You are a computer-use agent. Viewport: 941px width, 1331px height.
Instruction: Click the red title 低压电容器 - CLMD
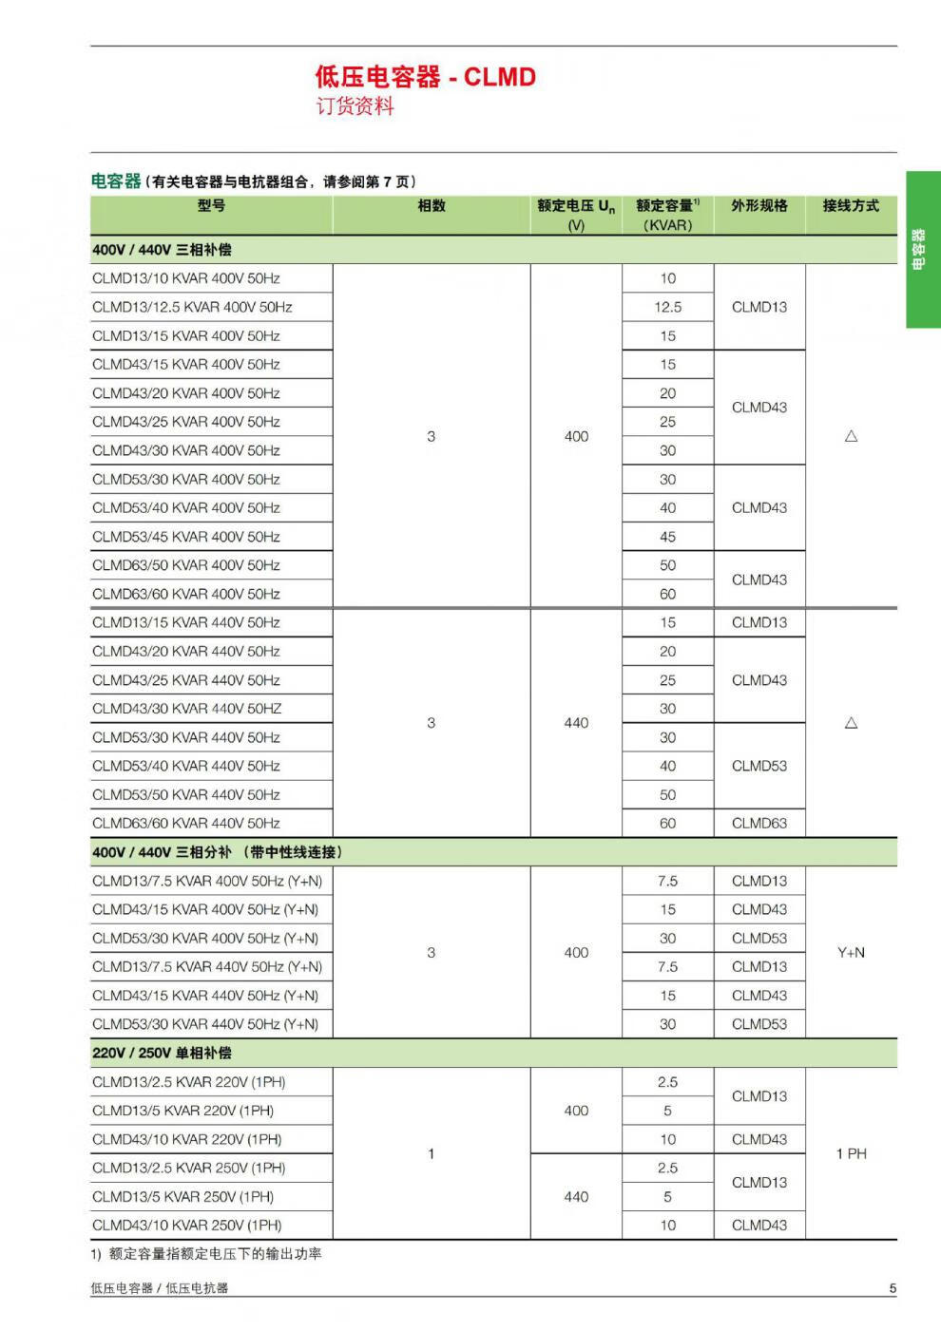[425, 77]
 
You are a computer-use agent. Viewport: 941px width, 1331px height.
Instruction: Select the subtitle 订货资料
[355, 106]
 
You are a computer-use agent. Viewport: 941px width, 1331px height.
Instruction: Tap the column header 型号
[211, 206]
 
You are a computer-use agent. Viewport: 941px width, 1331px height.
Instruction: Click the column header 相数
[432, 206]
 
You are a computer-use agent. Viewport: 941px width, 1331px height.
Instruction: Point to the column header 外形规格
[759, 206]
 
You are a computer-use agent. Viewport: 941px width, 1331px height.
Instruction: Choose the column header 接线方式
[851, 206]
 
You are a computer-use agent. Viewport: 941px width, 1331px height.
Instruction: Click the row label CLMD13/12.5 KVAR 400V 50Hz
[192, 307]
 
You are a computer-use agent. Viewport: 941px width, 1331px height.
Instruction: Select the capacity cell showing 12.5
[667, 307]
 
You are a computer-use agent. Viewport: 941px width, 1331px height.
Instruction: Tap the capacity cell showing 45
[667, 537]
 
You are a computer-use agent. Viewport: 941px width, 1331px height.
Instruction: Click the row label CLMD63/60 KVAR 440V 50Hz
[186, 824]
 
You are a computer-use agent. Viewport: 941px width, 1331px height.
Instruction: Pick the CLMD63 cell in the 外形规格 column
[759, 824]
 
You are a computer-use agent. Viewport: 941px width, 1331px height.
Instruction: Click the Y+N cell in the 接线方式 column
[851, 953]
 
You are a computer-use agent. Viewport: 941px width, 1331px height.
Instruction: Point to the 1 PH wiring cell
[851, 1153]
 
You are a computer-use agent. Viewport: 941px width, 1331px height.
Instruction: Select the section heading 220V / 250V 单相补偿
[162, 1053]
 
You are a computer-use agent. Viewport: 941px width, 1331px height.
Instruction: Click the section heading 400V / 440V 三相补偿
[162, 250]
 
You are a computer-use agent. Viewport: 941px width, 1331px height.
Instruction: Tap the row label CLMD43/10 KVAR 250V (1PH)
[187, 1226]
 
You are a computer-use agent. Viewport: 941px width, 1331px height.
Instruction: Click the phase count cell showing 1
[431, 1153]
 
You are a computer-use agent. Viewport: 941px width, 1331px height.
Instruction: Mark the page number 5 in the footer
[893, 1289]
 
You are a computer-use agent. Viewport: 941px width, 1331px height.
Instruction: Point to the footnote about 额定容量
[206, 1254]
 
